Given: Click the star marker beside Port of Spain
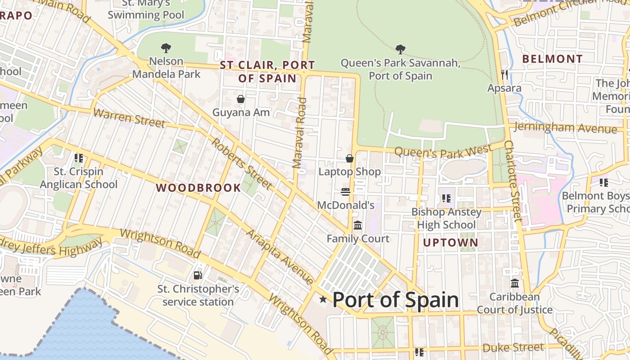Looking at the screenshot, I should tap(323, 299).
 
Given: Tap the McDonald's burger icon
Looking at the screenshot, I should tap(345, 192).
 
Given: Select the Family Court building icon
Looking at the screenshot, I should tap(358, 225).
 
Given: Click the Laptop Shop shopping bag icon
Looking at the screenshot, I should tap(350, 158).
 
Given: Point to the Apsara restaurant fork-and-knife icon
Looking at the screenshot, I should tap(504, 74).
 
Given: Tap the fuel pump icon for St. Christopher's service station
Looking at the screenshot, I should tap(198, 275).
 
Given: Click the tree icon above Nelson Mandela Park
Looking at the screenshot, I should tap(166, 48).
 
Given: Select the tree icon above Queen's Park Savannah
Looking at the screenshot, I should tap(400, 49).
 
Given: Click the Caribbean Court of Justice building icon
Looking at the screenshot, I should tap(515, 283).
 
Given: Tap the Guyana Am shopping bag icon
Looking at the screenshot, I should tap(241, 99).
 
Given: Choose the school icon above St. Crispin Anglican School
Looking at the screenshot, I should tap(79, 158).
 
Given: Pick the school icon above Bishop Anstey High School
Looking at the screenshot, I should tap(446, 198).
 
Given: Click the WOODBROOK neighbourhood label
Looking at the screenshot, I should tap(198, 188).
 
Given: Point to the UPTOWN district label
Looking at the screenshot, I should tap(450, 243).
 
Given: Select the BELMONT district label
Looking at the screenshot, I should tap(552, 59).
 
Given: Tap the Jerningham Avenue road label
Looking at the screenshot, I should tap(565, 128).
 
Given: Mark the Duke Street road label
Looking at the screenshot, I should tap(513, 348).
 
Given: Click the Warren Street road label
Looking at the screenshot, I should tap(129, 118).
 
